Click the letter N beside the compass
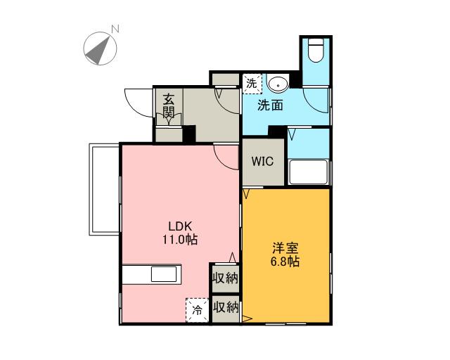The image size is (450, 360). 115,29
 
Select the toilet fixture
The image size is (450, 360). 316,50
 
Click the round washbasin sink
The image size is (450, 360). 278,84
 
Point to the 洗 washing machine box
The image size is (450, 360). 252,84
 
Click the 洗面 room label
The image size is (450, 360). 270,105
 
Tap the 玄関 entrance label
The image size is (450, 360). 169,106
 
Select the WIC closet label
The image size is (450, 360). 262,161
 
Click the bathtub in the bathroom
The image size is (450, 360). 309,172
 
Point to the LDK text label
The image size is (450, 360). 180,226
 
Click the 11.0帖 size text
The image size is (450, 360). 180,239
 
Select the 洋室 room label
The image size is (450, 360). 285,248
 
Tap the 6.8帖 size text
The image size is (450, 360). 285,262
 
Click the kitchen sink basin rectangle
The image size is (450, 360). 164,274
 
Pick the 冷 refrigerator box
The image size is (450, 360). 197,310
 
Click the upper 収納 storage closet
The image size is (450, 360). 226,278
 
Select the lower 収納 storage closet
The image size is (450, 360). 226,309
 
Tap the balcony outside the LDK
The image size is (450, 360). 104,189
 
